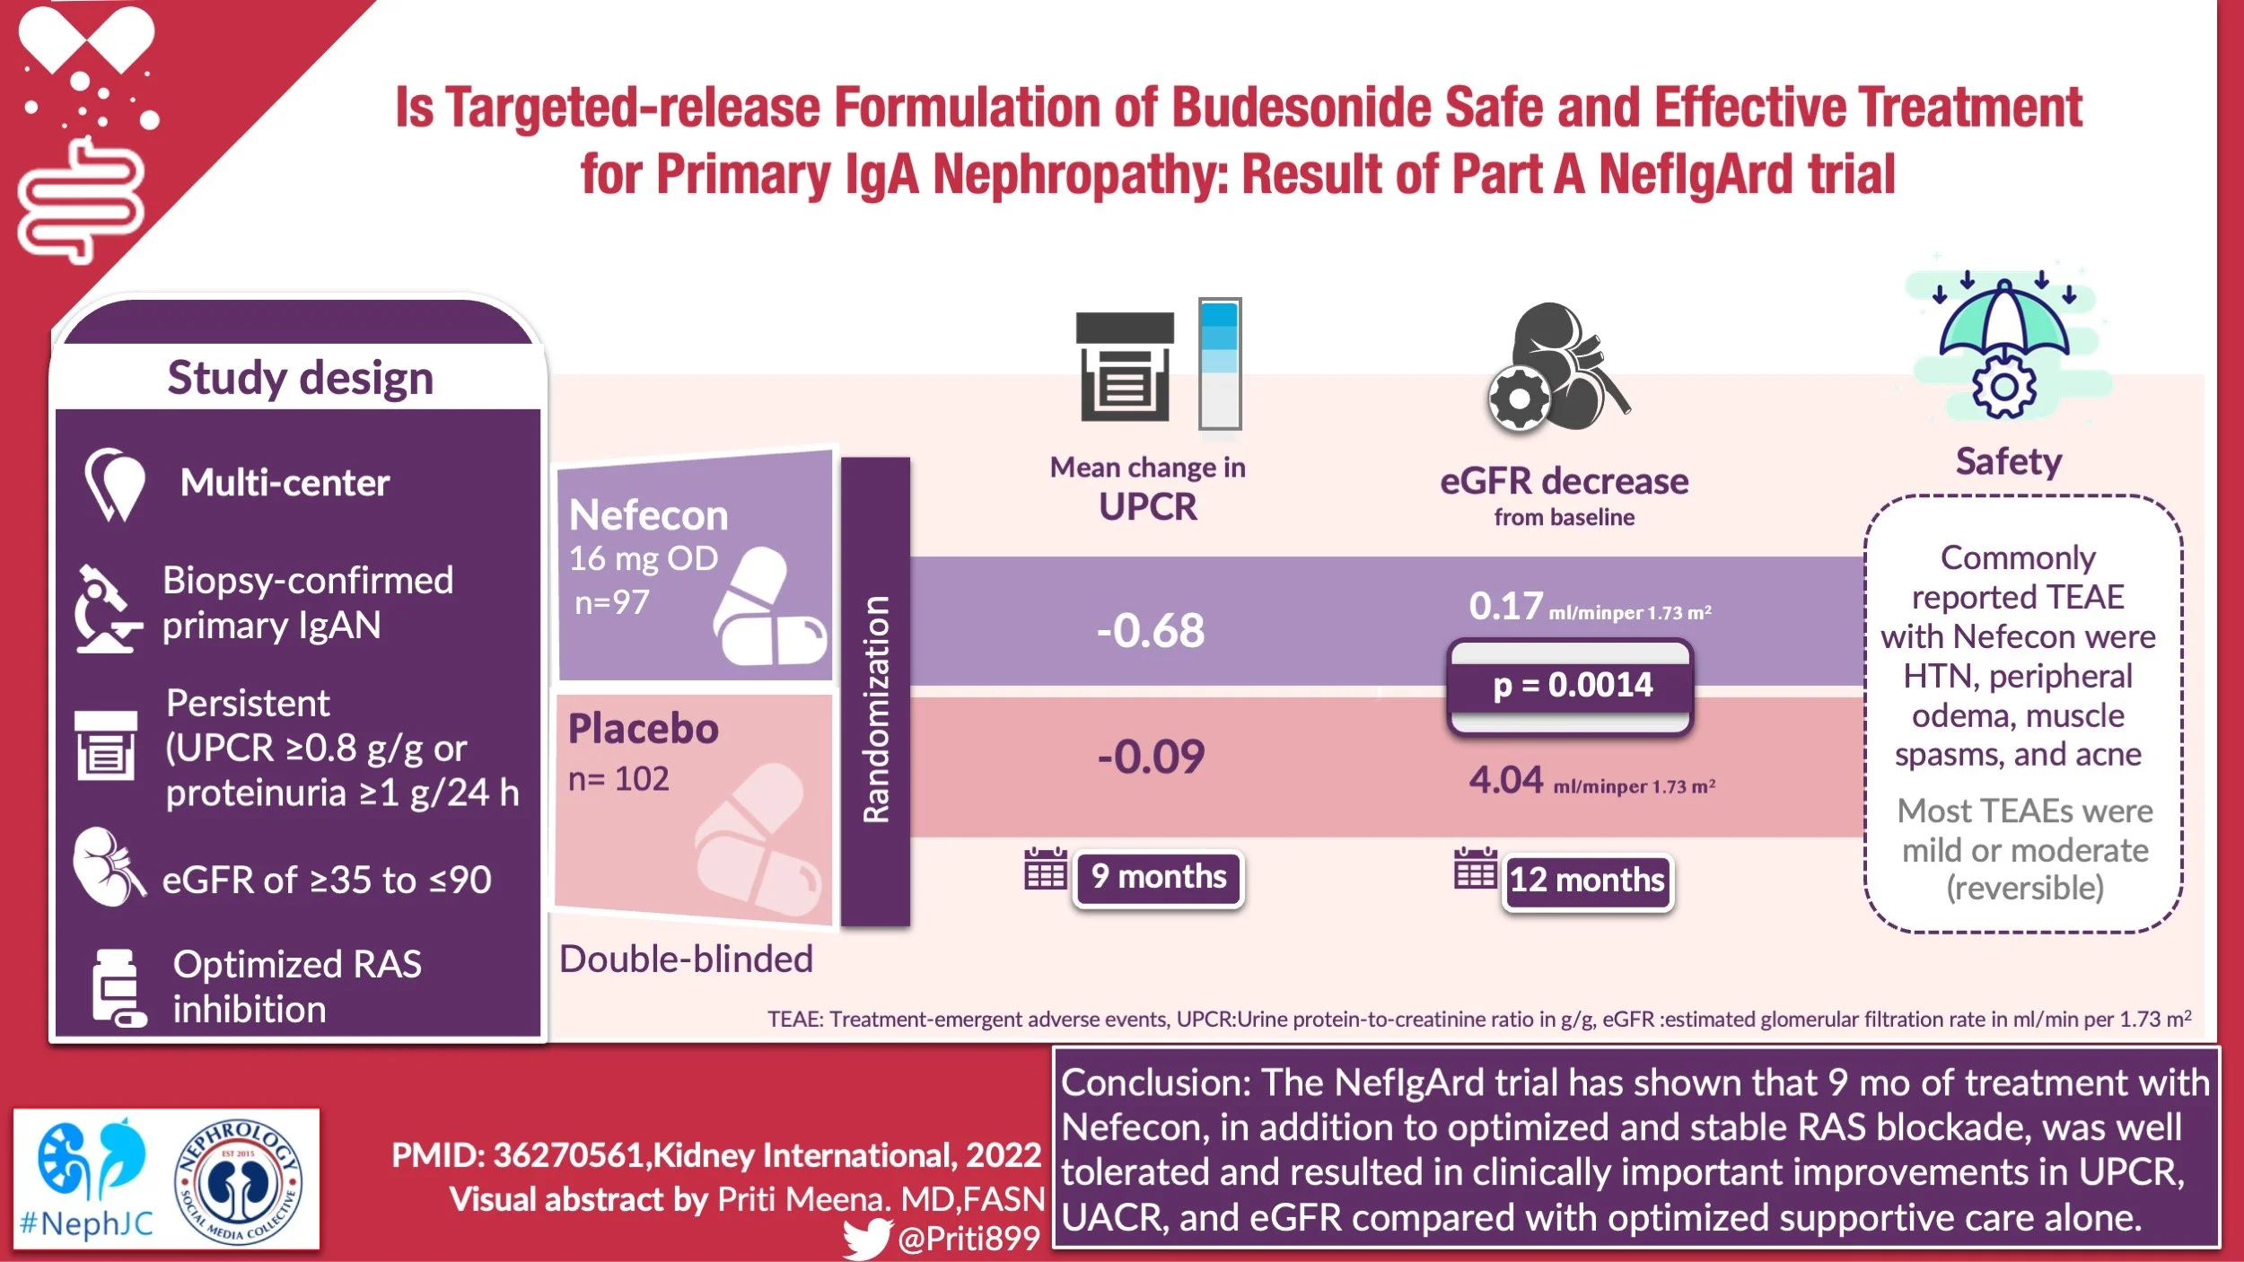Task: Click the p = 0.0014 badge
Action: click(x=1571, y=686)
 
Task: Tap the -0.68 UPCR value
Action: click(x=1151, y=630)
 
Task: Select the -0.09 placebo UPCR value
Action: click(x=1151, y=757)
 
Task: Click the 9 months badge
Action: click(x=1158, y=877)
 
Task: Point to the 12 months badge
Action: click(x=1587, y=881)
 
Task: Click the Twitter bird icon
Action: click(x=866, y=1240)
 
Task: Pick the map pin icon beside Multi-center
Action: click(x=114, y=484)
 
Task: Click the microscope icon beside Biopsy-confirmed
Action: click(x=107, y=609)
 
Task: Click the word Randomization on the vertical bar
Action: click(x=875, y=708)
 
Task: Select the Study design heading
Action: click(x=300, y=378)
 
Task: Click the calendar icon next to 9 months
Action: click(x=1046, y=869)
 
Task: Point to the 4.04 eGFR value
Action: click(x=1505, y=780)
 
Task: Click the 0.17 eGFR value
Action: click(x=1505, y=607)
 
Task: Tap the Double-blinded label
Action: click(x=686, y=960)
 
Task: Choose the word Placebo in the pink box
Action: click(x=643, y=729)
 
